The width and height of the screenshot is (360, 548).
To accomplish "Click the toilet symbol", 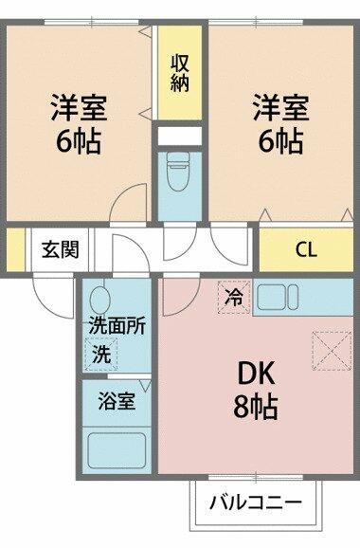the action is pos(178,171).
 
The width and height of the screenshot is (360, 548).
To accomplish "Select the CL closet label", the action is pos(306,249).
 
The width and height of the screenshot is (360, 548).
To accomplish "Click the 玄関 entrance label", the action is pos(61,249).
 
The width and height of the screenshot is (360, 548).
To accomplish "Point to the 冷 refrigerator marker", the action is pos(234,297).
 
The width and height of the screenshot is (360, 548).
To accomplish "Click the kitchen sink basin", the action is pos(271,297).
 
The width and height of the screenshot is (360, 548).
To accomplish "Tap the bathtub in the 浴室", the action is pos(117,450).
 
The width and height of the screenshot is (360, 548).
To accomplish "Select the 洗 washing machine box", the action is pos(101,354).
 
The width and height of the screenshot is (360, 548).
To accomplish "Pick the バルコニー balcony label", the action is pos(256,502).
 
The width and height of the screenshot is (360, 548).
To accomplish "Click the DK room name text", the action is pos(257,374).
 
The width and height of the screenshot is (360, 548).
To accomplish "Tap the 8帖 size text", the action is pos(256,407).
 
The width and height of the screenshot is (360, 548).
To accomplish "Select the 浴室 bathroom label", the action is pos(117,400).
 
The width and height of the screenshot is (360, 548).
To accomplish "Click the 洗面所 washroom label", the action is pos(117,326).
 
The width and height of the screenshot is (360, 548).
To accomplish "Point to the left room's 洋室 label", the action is pos(79,107).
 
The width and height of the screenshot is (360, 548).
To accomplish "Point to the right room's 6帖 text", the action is pos(280,141).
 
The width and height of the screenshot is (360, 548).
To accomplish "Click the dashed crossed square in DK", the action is pos(332,351).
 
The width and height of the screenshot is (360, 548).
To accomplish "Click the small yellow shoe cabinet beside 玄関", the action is pos(16,249).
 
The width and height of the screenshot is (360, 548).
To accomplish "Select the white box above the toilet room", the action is pos(180,136).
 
